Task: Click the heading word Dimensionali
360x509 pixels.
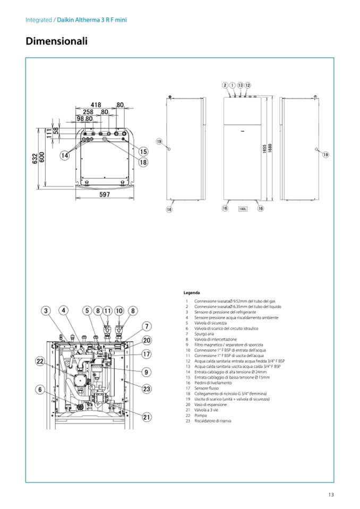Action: (56, 41)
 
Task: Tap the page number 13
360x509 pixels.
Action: (331, 496)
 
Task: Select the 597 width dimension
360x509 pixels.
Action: (105, 195)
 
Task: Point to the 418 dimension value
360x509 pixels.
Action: (96, 105)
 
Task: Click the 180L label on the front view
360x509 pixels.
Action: (243, 209)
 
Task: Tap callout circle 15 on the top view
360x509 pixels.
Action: (143, 152)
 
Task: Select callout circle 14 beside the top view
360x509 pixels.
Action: (65, 156)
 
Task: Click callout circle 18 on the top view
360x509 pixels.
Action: (143, 162)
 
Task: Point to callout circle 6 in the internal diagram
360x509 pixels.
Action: (39, 389)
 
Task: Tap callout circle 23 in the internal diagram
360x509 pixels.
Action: (147, 389)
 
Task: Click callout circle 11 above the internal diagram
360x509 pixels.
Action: (108, 310)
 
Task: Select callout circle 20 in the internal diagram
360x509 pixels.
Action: (147, 340)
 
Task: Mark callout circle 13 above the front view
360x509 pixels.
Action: (240, 85)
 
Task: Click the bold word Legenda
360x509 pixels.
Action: (192, 292)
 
